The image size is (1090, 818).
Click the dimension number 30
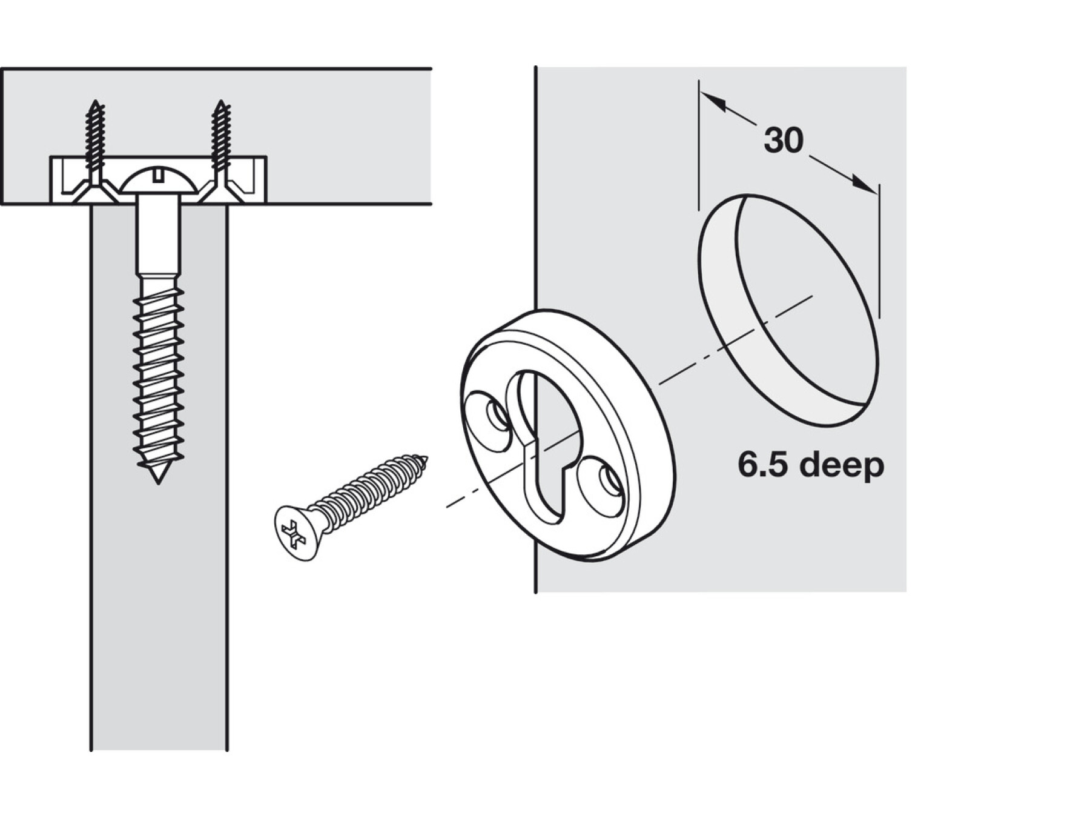pos(783,141)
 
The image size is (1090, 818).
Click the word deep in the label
pos(842,465)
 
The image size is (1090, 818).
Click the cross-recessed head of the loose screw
pos(295,532)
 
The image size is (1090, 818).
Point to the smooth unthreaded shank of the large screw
pos(159,236)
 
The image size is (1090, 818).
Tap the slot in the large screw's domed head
pos(159,176)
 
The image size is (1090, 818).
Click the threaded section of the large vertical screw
pos(159,376)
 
